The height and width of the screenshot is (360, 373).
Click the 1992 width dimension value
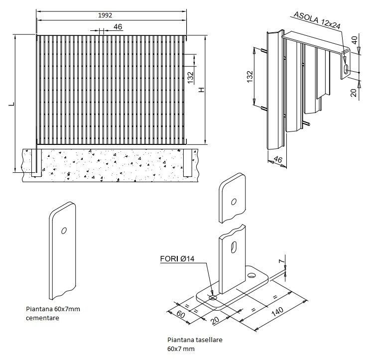pyautogui.click(x=105, y=15)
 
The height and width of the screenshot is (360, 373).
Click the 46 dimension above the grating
pyautogui.click(x=118, y=27)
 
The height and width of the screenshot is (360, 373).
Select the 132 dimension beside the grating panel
pyautogui.click(x=191, y=78)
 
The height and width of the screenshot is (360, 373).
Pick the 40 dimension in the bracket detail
pyautogui.click(x=355, y=40)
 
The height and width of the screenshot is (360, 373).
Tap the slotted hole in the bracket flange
pyautogui.click(x=345, y=69)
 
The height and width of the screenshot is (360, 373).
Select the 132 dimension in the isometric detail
pyautogui.click(x=250, y=77)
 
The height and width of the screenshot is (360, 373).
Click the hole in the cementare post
pyautogui.click(x=63, y=231)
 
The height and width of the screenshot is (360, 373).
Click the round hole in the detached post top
pyautogui.click(x=234, y=202)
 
